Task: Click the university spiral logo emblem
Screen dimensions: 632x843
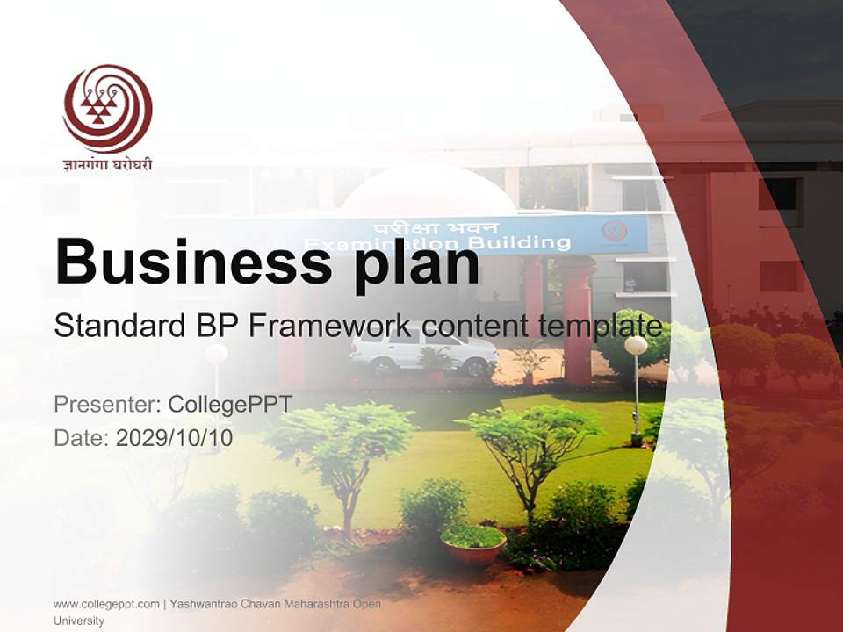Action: [x=107, y=108]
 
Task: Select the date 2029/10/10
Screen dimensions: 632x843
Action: [x=174, y=437]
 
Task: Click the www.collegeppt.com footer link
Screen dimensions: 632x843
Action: [x=106, y=604]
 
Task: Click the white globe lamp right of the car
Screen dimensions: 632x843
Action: [x=636, y=346]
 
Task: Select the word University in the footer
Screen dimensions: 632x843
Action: [x=79, y=621]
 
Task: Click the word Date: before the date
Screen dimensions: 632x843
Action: [x=82, y=437]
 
